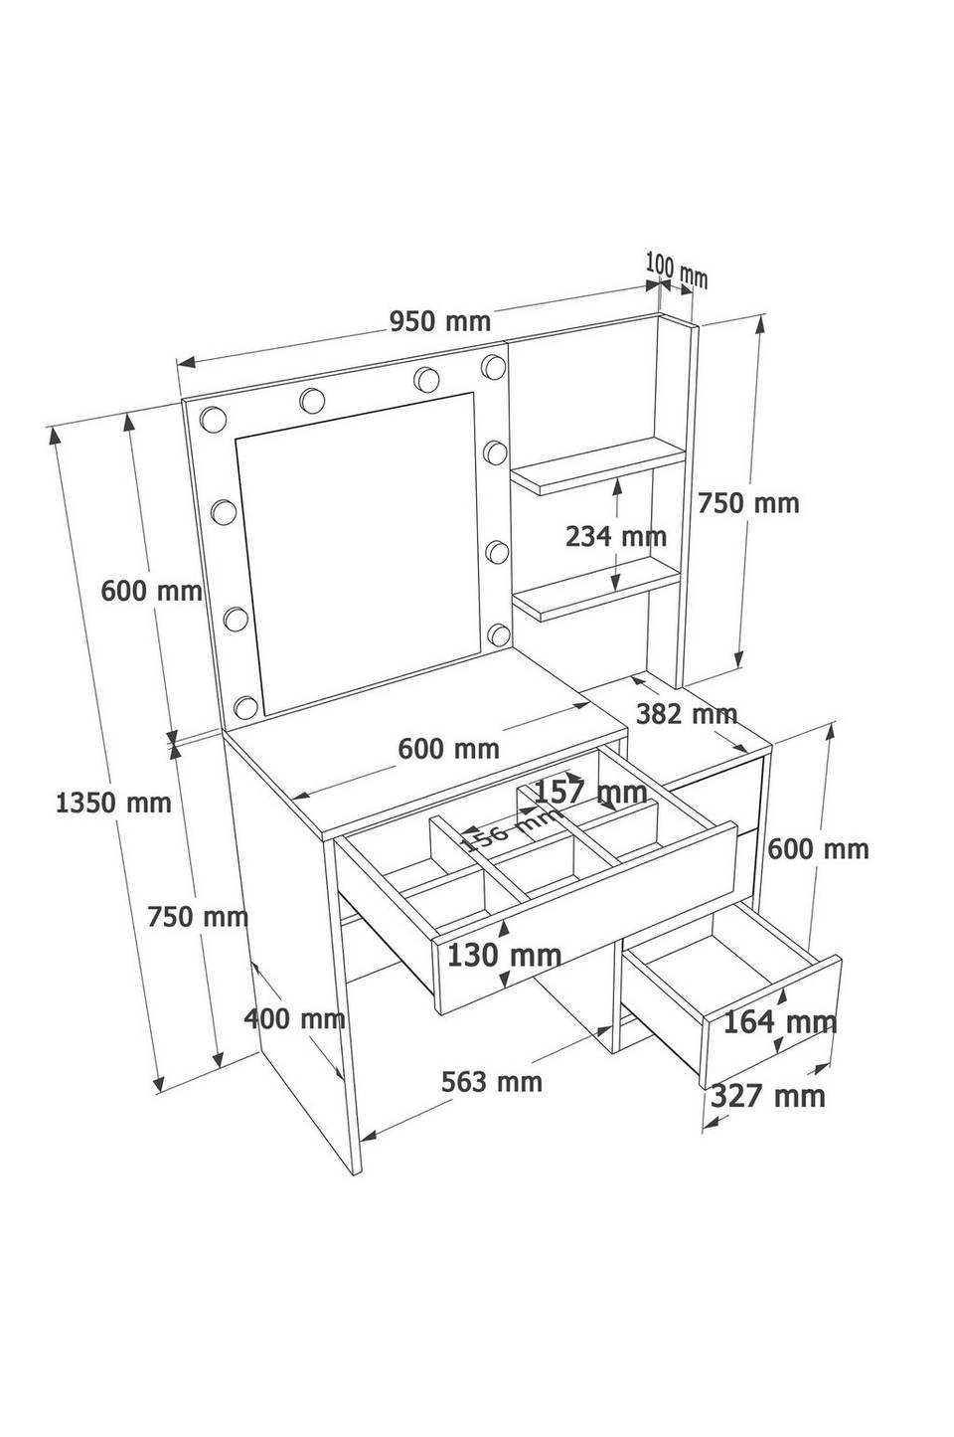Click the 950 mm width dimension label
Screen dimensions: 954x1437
pos(440,321)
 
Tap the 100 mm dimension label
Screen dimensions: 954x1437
pos(676,270)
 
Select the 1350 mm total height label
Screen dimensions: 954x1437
pos(113,802)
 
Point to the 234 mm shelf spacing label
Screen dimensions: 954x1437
pos(615,536)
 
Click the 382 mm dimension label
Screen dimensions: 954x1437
pos(686,713)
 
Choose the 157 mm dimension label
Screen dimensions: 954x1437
pos(590,793)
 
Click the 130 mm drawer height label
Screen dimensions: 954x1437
pos(504,956)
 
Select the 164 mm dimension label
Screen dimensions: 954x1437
pos(780,1022)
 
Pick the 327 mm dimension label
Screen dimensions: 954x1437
pos(768,1096)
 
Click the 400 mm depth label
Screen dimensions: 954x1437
pos(294,1018)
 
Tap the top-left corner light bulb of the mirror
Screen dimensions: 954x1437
pos(213,419)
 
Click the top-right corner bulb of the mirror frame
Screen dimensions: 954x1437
pos(493,366)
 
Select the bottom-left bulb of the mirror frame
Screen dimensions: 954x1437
pos(245,707)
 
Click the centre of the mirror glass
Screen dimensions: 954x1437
pos(359,554)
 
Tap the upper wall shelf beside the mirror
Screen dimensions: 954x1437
pos(597,465)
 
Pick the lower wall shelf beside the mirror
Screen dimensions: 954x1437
pos(596,589)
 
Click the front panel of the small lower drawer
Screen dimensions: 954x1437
pos(772,1021)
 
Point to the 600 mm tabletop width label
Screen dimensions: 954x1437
pos(448,749)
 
